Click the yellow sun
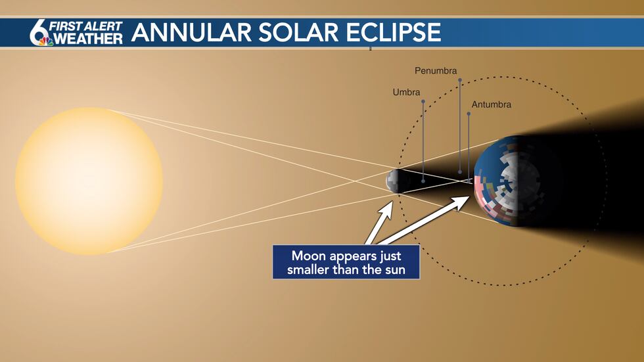pyautogui.click(x=89, y=181)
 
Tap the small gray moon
pyautogui.click(x=396, y=181)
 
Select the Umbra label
pyautogui.click(x=406, y=93)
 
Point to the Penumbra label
pyautogui.click(x=436, y=70)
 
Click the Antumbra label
pyautogui.click(x=491, y=104)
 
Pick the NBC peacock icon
pyautogui.click(x=46, y=41)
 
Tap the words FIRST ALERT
pyautogui.click(x=87, y=27)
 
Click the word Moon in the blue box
pyautogui.click(x=308, y=256)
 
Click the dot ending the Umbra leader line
pyautogui.click(x=423, y=180)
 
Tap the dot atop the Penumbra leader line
pyautogui.click(x=460, y=80)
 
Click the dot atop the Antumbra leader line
pyautogui.click(x=468, y=114)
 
